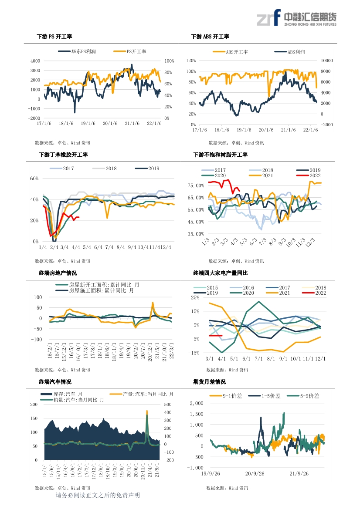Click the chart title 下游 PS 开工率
tap(54, 37)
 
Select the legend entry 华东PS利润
tap(77, 51)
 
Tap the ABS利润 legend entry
tap(289, 52)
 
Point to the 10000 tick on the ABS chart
tap(327, 61)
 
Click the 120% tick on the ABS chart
tap(191, 61)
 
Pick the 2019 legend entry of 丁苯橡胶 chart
tap(147, 169)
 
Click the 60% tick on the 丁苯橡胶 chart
tap(34, 179)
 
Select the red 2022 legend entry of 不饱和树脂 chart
tap(308, 175)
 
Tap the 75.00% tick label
tap(196, 185)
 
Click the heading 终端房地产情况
tap(58, 273)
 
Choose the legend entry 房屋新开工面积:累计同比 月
tap(98, 285)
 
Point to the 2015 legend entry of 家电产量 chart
tap(206, 288)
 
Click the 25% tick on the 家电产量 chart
tap(195, 297)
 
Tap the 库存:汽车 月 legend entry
tap(61, 394)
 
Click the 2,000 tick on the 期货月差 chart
tap(197, 403)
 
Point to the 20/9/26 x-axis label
tap(255, 474)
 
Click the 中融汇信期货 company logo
tap(297, 18)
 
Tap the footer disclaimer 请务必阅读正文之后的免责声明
tap(98, 496)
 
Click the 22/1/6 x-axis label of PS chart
tap(154, 123)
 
